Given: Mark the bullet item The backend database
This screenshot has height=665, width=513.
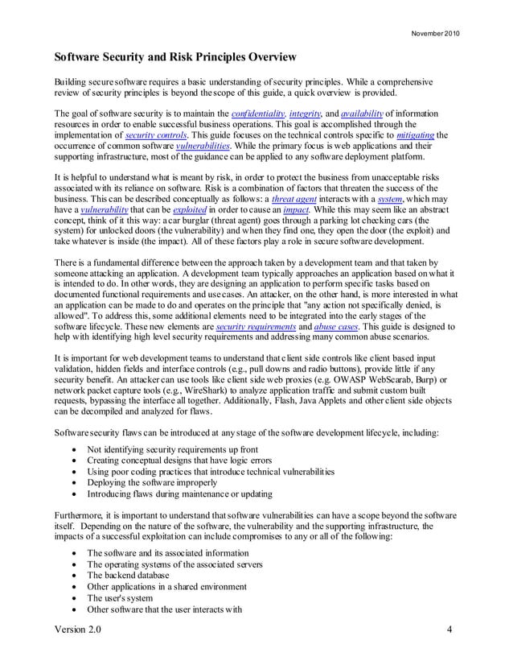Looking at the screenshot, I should pyautogui.click(x=128, y=576).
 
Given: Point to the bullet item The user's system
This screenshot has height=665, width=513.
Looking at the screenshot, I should pyautogui.click(x=121, y=598).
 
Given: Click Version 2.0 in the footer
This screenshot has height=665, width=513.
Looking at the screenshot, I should pyautogui.click(x=80, y=629).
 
